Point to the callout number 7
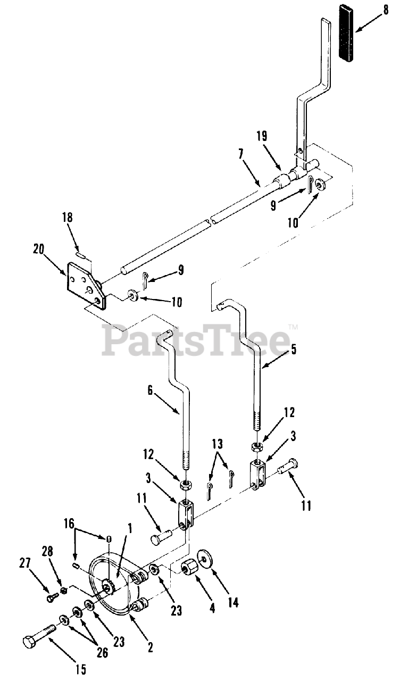(x=241, y=155)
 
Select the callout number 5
(x=294, y=350)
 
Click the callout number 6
(x=150, y=391)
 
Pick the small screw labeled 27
(x=52, y=598)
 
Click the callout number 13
(x=218, y=444)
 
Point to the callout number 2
(x=151, y=647)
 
